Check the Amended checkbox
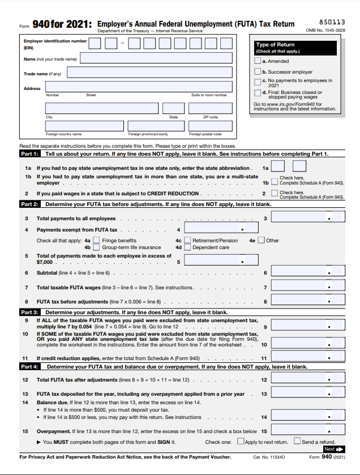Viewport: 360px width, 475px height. pyautogui.click(x=258, y=61)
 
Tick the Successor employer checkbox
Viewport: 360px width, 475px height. pyautogui.click(x=258, y=72)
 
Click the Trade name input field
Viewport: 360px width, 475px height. pyautogui.click(x=149, y=72)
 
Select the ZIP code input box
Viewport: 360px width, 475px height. pyautogui.click(x=210, y=108)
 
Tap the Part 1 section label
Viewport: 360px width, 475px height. pyautogui.click(x=29, y=154)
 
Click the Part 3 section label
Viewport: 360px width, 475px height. pyautogui.click(x=29, y=312)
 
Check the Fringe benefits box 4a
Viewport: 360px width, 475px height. pyautogui.click(x=97, y=241)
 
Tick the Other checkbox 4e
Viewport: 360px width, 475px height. pyautogui.click(x=261, y=241)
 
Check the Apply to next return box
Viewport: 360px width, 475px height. pyautogui.click(x=241, y=442)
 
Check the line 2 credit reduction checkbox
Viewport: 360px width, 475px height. pyautogui.click(x=275, y=194)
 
